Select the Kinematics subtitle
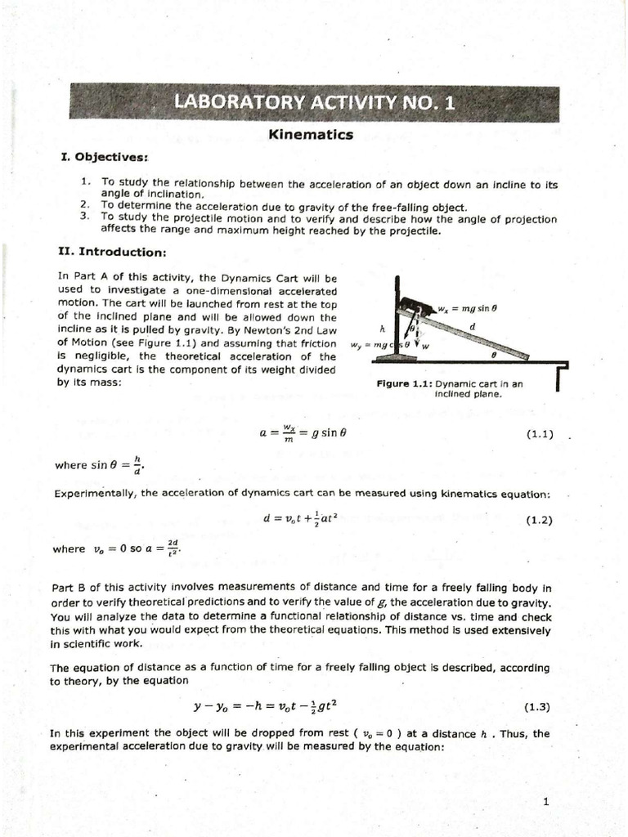pos(311,134)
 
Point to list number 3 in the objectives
pos(84,216)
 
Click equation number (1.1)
pos(540,434)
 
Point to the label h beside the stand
pos(382,328)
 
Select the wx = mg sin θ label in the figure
pos(469,308)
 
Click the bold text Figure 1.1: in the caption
pos(404,383)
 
